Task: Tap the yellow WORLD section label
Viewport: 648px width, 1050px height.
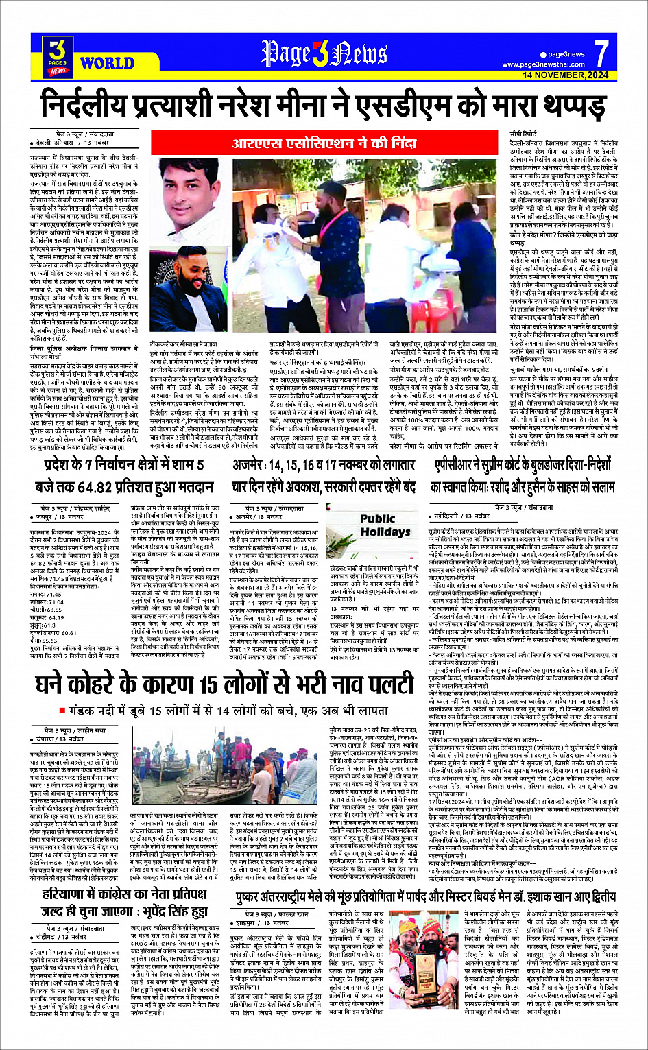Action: click(107, 64)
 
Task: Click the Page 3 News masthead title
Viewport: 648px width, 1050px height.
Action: click(324, 53)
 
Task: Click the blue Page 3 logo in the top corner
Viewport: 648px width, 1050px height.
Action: click(58, 56)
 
